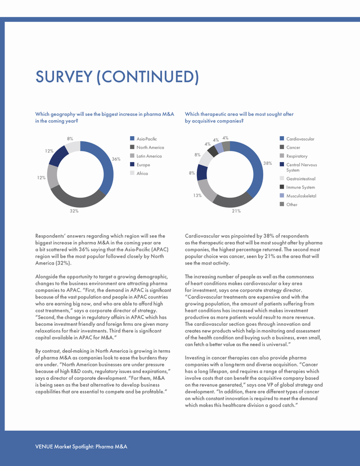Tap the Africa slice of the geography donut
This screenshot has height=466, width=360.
click(x=73, y=146)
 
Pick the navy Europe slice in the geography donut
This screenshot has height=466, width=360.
click(x=58, y=155)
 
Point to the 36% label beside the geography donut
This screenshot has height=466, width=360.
click(x=116, y=159)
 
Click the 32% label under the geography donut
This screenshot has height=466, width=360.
click(x=74, y=211)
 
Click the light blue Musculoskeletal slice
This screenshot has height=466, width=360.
click(x=219, y=147)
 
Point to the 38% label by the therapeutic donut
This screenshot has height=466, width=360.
click(x=268, y=163)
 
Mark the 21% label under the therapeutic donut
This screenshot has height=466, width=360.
click(x=236, y=211)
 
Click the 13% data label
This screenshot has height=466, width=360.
click(x=197, y=195)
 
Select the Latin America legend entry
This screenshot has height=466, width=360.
click(x=146, y=156)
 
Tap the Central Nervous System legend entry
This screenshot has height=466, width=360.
click(x=298, y=167)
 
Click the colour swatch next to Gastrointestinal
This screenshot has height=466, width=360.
click(x=282, y=178)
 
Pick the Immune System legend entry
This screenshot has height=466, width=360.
click(x=298, y=187)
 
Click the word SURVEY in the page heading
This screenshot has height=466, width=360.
click(x=64, y=77)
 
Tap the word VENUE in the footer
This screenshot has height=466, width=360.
click(x=44, y=446)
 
